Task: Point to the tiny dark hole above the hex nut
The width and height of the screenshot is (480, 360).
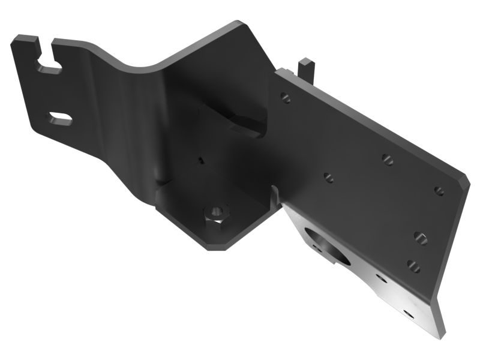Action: click(200, 160)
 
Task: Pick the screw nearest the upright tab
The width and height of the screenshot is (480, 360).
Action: click(286, 97)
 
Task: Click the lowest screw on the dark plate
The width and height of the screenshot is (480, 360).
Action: click(413, 264)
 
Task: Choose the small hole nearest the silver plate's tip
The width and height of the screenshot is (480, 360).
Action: click(409, 313)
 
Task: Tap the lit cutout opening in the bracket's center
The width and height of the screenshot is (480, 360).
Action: click(246, 123)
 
